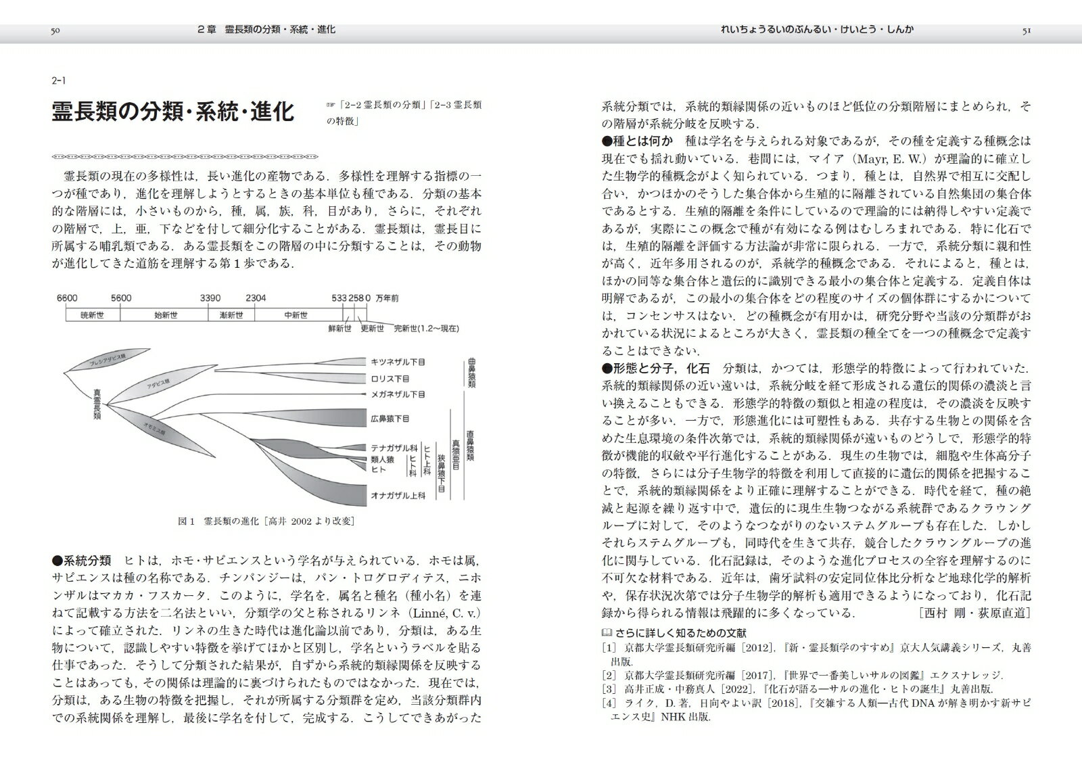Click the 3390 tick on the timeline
[x=211, y=298]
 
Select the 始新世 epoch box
[x=165, y=314]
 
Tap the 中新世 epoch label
[x=296, y=314]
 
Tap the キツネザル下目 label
[x=398, y=362]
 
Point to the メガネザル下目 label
[x=398, y=394]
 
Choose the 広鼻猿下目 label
[x=390, y=419]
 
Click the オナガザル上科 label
[x=398, y=495]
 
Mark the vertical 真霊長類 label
[x=97, y=404]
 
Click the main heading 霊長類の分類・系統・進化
[x=173, y=112]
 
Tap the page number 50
[x=56, y=30]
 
